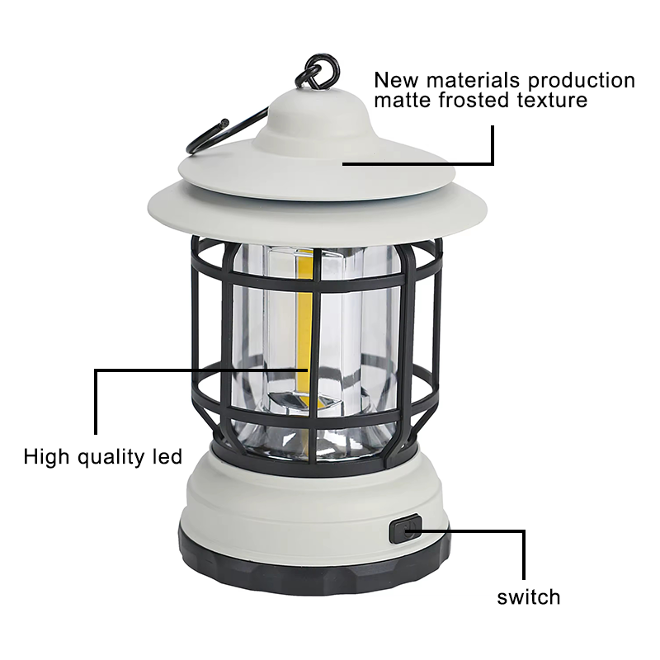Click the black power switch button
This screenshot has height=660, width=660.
tap(405, 528)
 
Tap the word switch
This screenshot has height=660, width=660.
tap(529, 597)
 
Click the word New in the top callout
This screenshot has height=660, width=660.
tap(397, 80)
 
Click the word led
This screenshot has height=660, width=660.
tap(167, 456)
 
